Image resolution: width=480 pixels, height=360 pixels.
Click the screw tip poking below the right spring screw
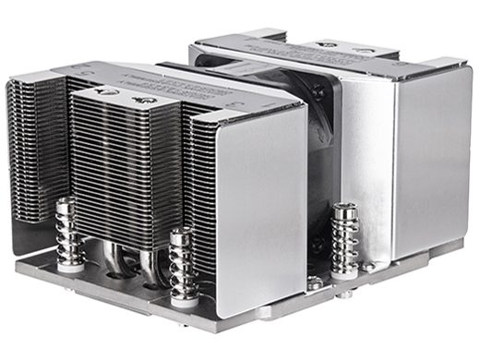tap(349, 300)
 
